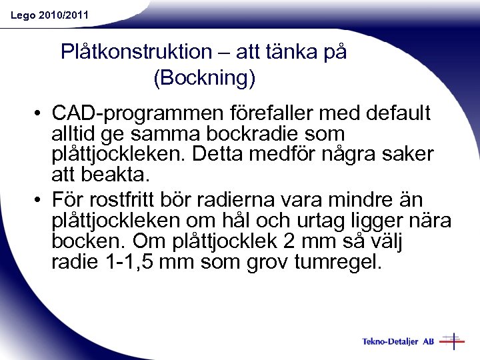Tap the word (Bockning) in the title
[x=204, y=79]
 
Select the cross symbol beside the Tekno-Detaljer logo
[x=453, y=341]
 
